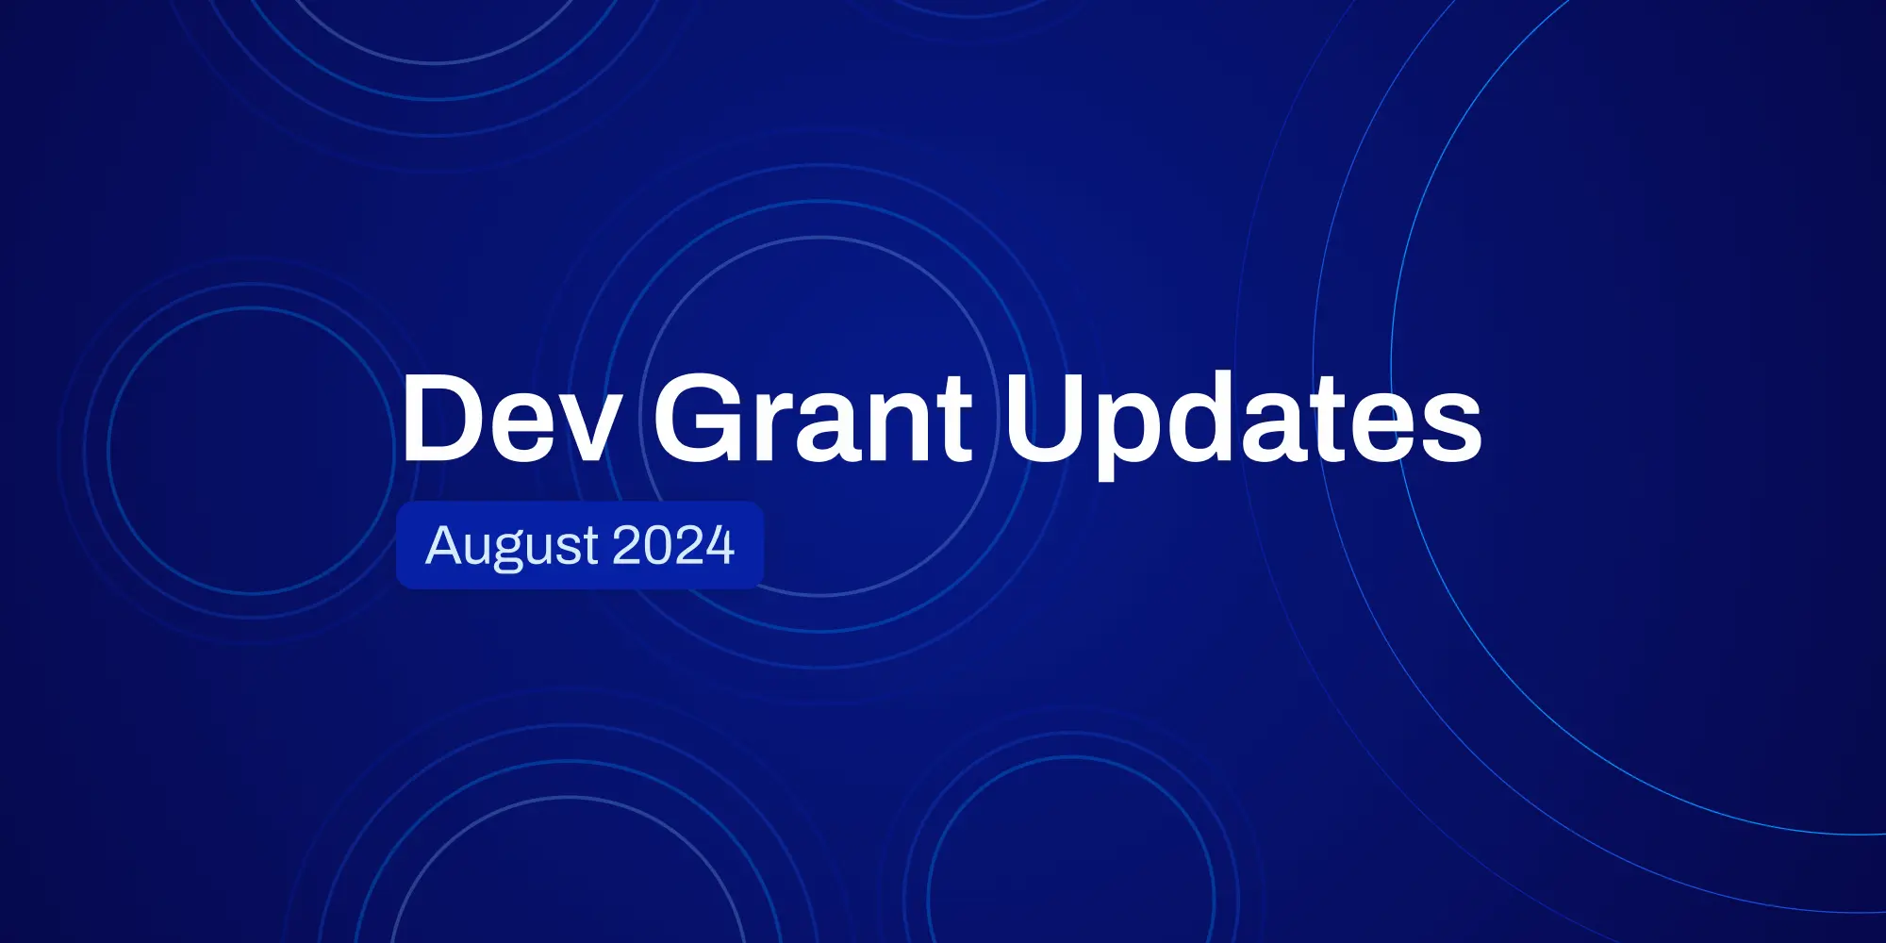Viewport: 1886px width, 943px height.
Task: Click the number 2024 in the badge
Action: click(x=673, y=545)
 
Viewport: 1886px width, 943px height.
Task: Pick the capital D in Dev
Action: click(x=442, y=417)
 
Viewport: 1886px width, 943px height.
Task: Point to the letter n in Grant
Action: click(x=902, y=427)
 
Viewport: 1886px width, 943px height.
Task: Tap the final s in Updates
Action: click(x=1453, y=428)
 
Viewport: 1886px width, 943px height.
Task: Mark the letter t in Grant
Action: click(x=956, y=422)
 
